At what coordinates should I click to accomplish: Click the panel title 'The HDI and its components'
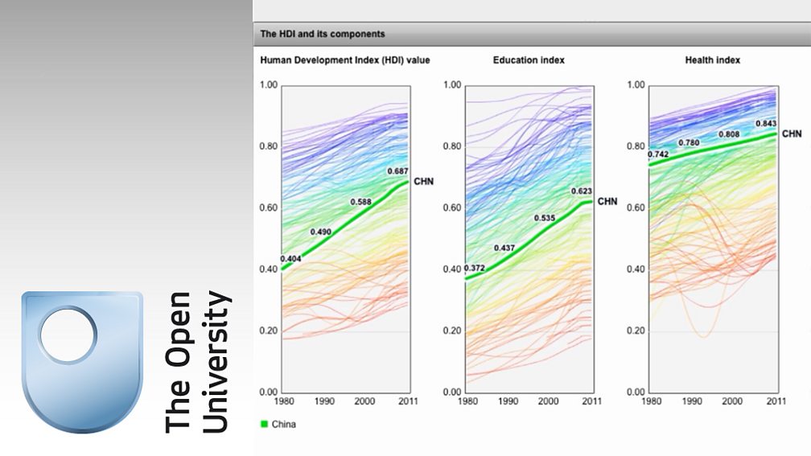322,35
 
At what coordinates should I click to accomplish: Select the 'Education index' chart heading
529,60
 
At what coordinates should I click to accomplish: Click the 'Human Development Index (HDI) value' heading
345,60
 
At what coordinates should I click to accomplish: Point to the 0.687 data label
398,171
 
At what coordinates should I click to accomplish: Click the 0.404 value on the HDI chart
291,259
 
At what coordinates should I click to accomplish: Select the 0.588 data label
361,202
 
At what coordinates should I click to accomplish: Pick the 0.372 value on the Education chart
475,269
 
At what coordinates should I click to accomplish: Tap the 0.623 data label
581,191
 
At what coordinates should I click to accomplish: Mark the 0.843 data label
766,123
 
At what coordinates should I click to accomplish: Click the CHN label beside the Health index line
792,134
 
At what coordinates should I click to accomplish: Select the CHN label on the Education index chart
607,201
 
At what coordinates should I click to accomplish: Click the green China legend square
264,424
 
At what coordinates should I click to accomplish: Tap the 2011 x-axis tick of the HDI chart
408,401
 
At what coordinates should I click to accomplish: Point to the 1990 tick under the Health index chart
691,401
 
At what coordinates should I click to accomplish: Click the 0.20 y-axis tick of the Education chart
451,331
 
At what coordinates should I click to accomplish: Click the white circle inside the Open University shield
68,332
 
